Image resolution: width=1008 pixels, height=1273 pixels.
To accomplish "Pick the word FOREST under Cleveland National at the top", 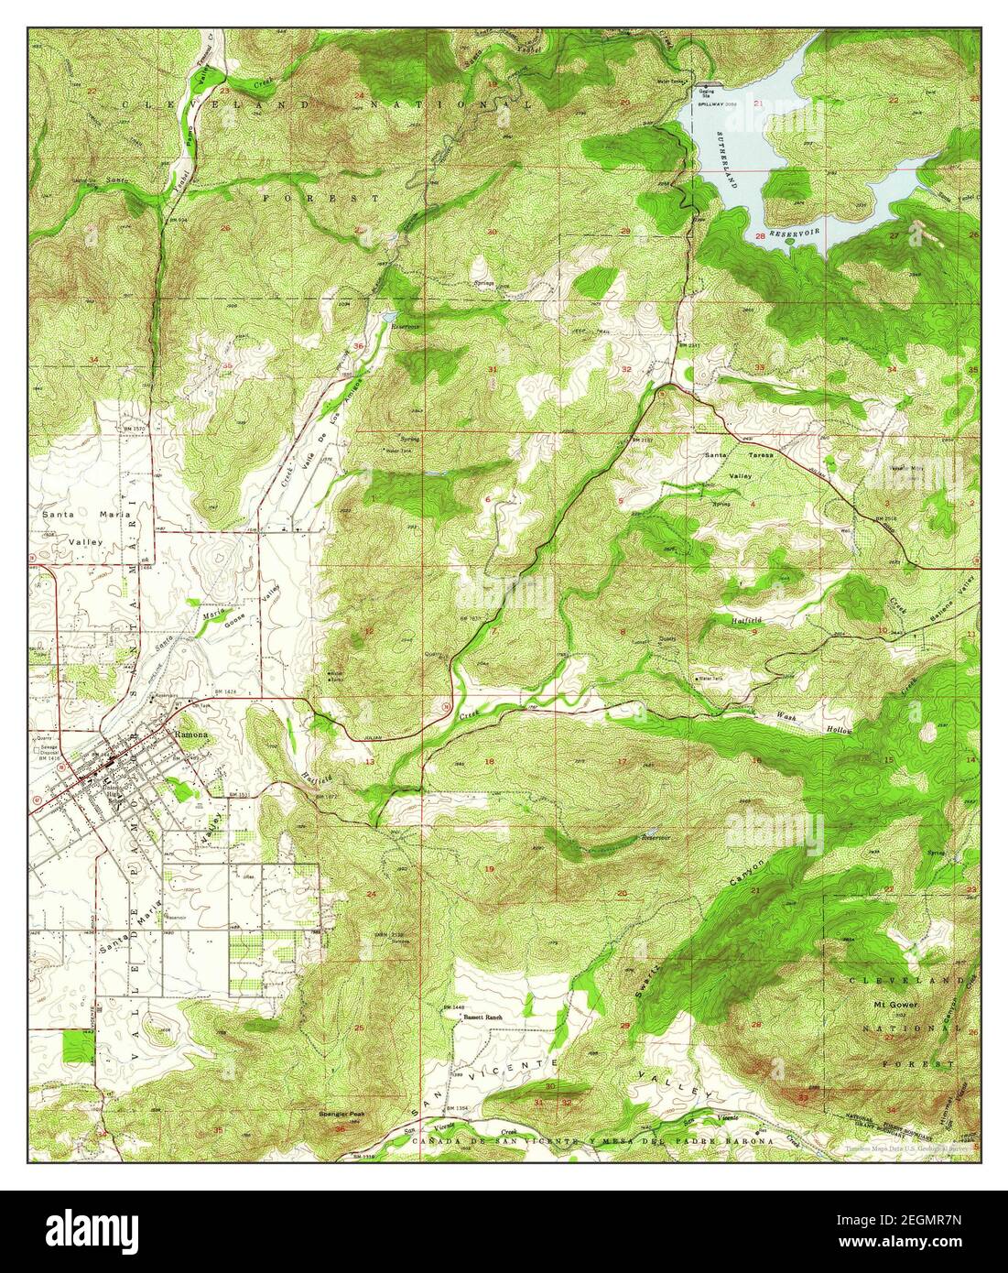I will tap(320, 198).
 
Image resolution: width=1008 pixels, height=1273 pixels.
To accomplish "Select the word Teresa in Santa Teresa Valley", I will tap(758, 454).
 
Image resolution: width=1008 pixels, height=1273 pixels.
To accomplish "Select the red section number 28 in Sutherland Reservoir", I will tap(759, 236).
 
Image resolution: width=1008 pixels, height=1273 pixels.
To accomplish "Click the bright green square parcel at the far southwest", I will tap(78, 1045).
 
